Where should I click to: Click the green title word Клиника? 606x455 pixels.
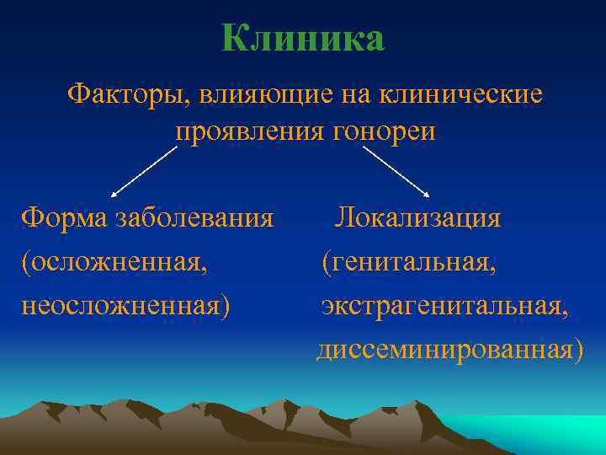coord(303,39)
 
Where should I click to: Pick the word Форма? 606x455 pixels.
coord(60,218)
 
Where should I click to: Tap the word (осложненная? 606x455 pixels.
coord(114,262)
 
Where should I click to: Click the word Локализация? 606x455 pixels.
coord(418,218)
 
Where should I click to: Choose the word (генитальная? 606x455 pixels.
coord(409,262)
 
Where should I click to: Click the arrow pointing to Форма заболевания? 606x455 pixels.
coord(144,171)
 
